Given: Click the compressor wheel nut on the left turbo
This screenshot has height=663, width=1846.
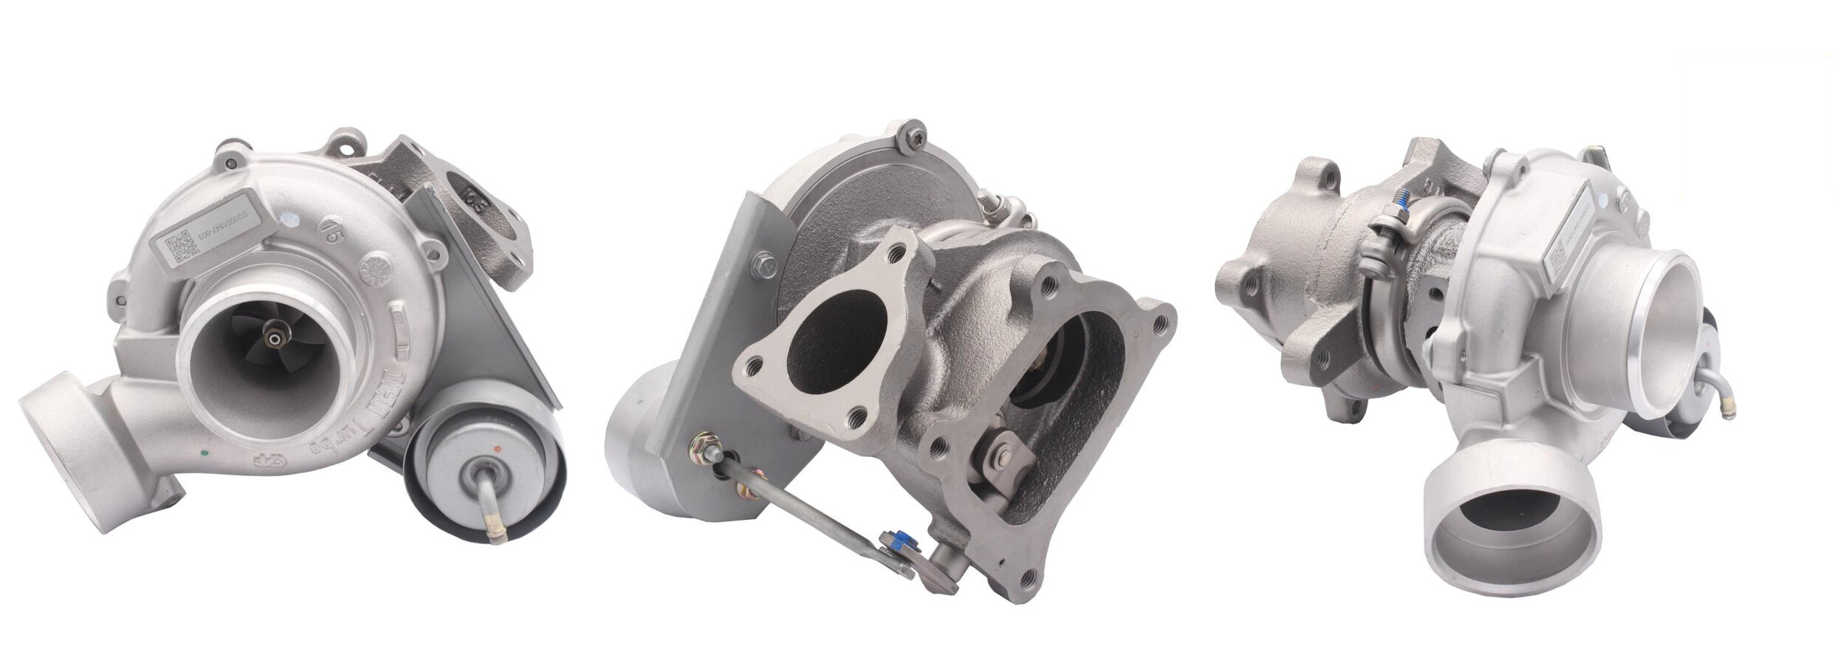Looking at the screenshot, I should pyautogui.click(x=275, y=339).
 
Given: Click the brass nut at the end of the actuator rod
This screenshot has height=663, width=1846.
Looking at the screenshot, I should pyautogui.click(x=699, y=446).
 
